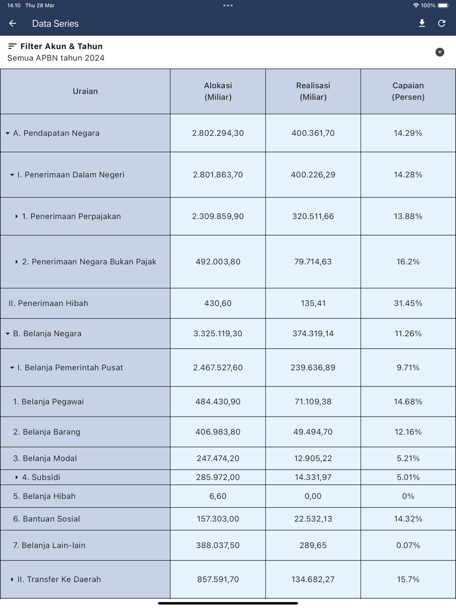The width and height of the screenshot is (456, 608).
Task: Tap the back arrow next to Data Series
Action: pyautogui.click(x=13, y=23)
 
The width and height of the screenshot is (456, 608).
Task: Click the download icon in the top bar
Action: pyautogui.click(x=422, y=23)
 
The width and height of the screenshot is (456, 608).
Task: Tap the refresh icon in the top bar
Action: pyautogui.click(x=441, y=23)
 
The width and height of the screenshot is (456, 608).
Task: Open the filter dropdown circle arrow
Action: pyautogui.click(x=440, y=52)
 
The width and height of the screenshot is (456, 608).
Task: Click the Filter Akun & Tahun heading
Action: pyautogui.click(x=61, y=46)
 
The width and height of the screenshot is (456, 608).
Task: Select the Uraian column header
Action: pyautogui.click(x=85, y=91)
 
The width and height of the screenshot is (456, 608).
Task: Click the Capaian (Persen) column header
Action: pyautogui.click(x=408, y=91)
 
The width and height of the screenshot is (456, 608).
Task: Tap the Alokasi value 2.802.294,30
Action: pyautogui.click(x=218, y=133)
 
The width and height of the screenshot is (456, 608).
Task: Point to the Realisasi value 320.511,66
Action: pyautogui.click(x=313, y=216)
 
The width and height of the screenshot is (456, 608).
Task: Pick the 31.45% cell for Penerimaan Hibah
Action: pyautogui.click(x=408, y=303)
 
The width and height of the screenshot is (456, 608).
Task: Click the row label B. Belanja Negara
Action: pyautogui.click(x=47, y=333)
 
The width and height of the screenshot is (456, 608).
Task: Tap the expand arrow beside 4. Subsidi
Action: pyautogui.click(x=16, y=477)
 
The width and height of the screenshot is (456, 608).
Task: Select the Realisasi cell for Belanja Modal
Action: pyautogui.click(x=313, y=458)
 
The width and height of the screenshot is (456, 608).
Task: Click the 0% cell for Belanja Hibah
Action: pyautogui.click(x=408, y=496)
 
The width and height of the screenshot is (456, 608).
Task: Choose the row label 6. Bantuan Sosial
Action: pyautogui.click(x=47, y=519)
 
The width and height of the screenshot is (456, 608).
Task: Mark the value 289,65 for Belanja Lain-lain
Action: pyautogui.click(x=313, y=545)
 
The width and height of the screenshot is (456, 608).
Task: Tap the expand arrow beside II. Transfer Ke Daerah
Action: pyautogui.click(x=12, y=579)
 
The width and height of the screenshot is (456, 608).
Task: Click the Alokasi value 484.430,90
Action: pyautogui.click(x=218, y=402)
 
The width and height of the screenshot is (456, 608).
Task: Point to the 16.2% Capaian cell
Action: pyautogui.click(x=408, y=262)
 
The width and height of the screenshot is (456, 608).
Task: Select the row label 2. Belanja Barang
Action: pyautogui.click(x=47, y=432)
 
